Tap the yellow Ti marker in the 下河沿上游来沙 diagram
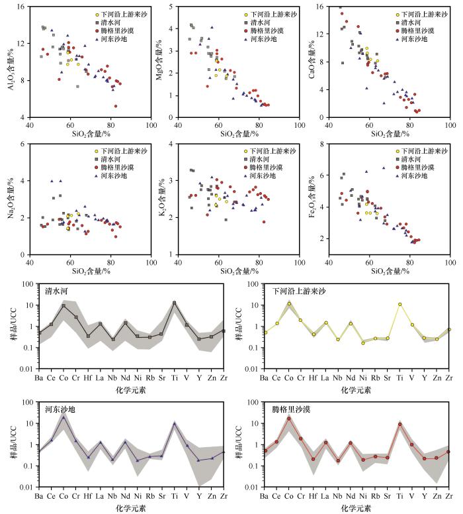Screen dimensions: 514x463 pyautogui.click(x=400, y=304)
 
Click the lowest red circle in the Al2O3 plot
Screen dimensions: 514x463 pyautogui.click(x=116, y=106)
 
